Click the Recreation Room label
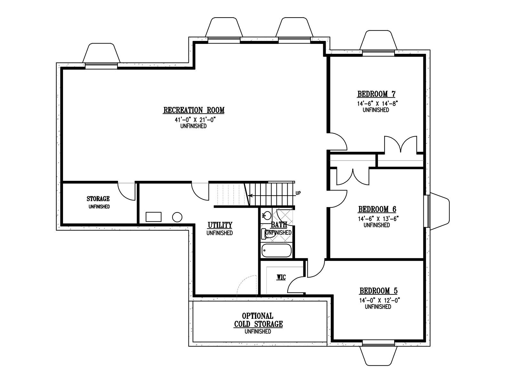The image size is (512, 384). [194, 110]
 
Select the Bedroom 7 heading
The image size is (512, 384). [376, 94]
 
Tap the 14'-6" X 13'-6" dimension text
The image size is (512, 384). [378, 219]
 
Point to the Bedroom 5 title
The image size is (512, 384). [378, 291]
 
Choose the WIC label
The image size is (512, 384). [281, 277]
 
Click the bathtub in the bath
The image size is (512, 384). [277, 251]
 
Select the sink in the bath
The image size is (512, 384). [266, 215]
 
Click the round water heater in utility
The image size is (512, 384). [177, 217]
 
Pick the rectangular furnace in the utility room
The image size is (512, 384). [154, 217]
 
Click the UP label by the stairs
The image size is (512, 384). [298, 193]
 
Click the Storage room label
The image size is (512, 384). [98, 199]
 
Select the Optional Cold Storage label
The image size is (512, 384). [258, 320]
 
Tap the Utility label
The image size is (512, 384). [220, 225]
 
